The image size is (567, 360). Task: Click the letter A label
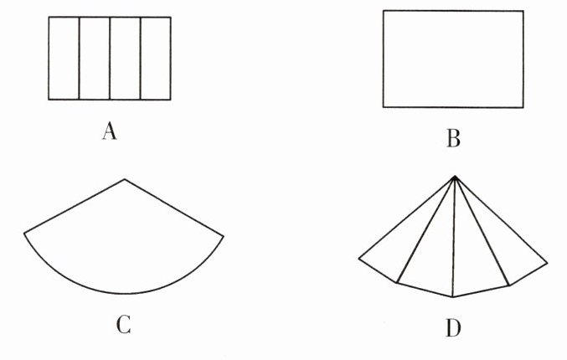108,131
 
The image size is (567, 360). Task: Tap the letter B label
453,139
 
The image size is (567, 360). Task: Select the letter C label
123,324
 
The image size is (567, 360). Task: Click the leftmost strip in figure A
64,59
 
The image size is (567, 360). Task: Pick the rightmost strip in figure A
155,59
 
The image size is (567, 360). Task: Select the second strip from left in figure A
95,59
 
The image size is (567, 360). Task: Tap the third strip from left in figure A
125,59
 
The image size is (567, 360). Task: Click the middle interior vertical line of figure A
110,59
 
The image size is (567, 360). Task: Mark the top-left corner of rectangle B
384,11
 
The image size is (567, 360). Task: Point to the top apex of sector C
125,179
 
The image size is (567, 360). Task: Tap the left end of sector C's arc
24,231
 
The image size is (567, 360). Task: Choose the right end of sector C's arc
224,236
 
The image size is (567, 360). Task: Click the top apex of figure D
453,176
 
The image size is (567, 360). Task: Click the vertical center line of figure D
453,243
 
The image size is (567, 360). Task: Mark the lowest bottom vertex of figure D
453,297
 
